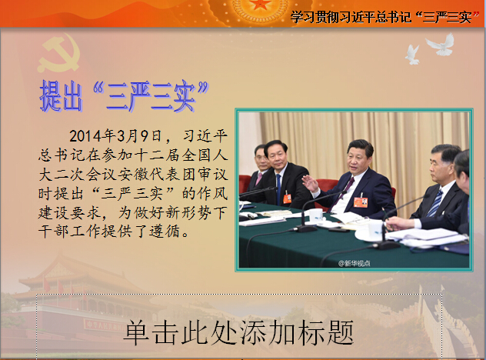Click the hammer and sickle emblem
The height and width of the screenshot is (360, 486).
(59, 53)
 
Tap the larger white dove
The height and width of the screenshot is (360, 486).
(441, 45)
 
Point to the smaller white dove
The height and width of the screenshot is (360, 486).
(412, 55)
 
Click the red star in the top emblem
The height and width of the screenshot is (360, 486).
(261, 4)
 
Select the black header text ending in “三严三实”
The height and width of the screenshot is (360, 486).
(384, 17)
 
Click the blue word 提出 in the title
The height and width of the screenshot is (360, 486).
(61, 96)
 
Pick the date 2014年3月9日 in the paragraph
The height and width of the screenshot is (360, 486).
(115, 136)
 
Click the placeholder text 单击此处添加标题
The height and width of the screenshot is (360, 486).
(238, 333)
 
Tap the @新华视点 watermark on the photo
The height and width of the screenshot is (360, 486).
(354, 264)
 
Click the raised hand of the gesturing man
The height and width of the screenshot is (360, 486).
(310, 183)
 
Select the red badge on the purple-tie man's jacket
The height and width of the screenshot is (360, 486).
(361, 202)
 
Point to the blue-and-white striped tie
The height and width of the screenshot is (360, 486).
(434, 202)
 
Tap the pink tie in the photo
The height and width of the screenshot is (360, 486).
(258, 178)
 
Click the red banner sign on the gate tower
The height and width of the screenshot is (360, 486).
(103, 325)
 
